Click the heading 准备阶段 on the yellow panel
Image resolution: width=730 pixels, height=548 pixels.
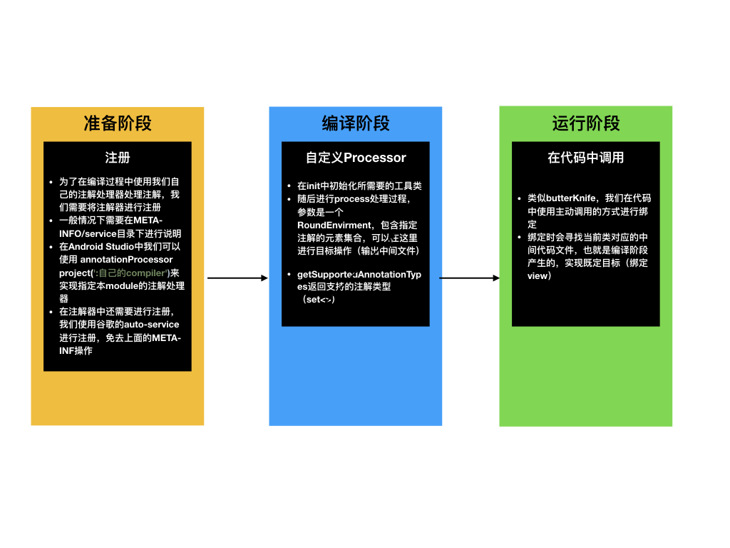pos(118,123)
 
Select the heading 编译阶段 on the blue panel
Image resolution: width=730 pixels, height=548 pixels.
pos(356,123)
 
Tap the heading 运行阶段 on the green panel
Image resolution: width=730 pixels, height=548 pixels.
pos(586,123)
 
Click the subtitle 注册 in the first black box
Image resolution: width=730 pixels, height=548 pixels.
pos(118,158)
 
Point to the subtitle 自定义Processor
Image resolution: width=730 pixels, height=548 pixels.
pos(356,158)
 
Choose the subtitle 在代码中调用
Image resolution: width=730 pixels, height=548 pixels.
pos(586,158)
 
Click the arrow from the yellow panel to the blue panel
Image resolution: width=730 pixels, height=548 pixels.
pos(237,278)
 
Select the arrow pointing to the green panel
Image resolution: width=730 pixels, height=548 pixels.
pos(470,278)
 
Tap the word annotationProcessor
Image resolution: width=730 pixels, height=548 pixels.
pos(127,260)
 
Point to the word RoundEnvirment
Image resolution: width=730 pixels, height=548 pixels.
pos(333,225)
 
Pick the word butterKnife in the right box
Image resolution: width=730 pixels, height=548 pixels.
pos(570,198)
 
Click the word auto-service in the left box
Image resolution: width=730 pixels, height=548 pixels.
pos(151,325)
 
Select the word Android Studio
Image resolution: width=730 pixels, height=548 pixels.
pos(101,247)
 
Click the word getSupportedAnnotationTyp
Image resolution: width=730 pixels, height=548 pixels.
pos(359,274)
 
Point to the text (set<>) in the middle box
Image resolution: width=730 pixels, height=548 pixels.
pos(319,300)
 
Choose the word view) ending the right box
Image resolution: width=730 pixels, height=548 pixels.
pos(539,275)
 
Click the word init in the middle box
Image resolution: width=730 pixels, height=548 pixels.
pos(314,186)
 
